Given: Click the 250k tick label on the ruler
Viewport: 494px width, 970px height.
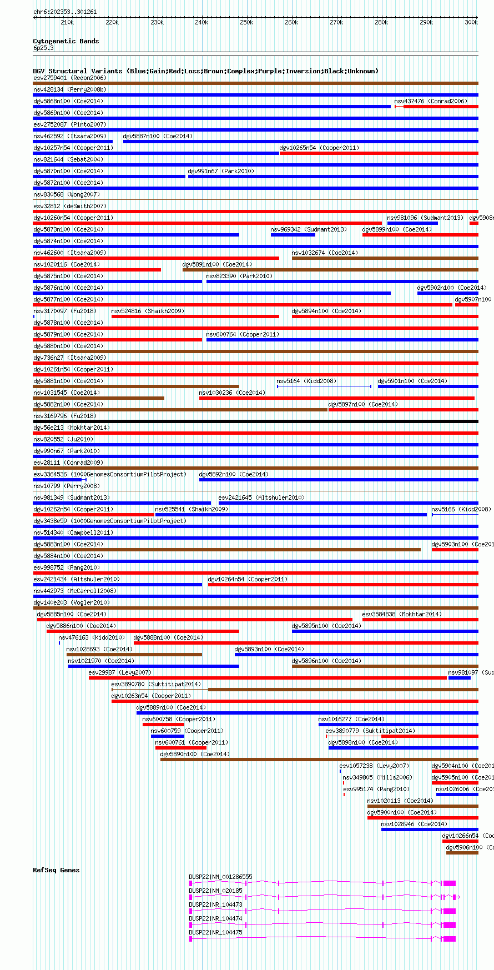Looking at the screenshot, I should click(x=246, y=22).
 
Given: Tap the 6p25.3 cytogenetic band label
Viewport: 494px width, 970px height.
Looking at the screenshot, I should click(x=43, y=48).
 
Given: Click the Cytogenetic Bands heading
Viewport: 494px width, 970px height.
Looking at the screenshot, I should click(x=65, y=41).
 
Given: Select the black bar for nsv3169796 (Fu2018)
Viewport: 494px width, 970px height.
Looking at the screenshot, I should click(x=255, y=421).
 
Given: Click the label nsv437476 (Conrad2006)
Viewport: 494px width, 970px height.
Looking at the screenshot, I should click(x=430, y=101).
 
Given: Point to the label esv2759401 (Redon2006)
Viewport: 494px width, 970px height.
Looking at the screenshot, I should click(x=69, y=78).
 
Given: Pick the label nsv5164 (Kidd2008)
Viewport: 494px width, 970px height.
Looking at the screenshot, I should click(x=306, y=381).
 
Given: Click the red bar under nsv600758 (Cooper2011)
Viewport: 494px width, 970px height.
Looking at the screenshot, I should click(x=163, y=725).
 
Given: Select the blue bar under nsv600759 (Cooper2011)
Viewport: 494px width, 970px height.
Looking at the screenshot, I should click(x=167, y=736).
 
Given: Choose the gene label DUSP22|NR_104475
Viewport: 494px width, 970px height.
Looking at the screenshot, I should click(x=215, y=932).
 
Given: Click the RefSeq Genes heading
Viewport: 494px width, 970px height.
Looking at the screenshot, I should click(x=56, y=870).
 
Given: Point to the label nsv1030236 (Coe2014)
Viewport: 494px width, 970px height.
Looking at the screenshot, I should click(x=231, y=393).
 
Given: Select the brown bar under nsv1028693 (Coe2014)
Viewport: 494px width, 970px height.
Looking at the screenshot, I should click(x=134, y=655).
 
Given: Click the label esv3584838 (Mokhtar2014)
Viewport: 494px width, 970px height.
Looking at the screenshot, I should click(x=402, y=614).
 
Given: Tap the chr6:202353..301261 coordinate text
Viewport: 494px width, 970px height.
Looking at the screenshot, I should click(x=65, y=12).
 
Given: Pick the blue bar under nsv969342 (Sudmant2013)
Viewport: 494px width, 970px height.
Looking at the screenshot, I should click(x=293, y=235).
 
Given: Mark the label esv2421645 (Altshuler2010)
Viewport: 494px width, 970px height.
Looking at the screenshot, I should click(x=261, y=497).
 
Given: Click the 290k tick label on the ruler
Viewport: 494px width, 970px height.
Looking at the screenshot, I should click(x=426, y=22).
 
